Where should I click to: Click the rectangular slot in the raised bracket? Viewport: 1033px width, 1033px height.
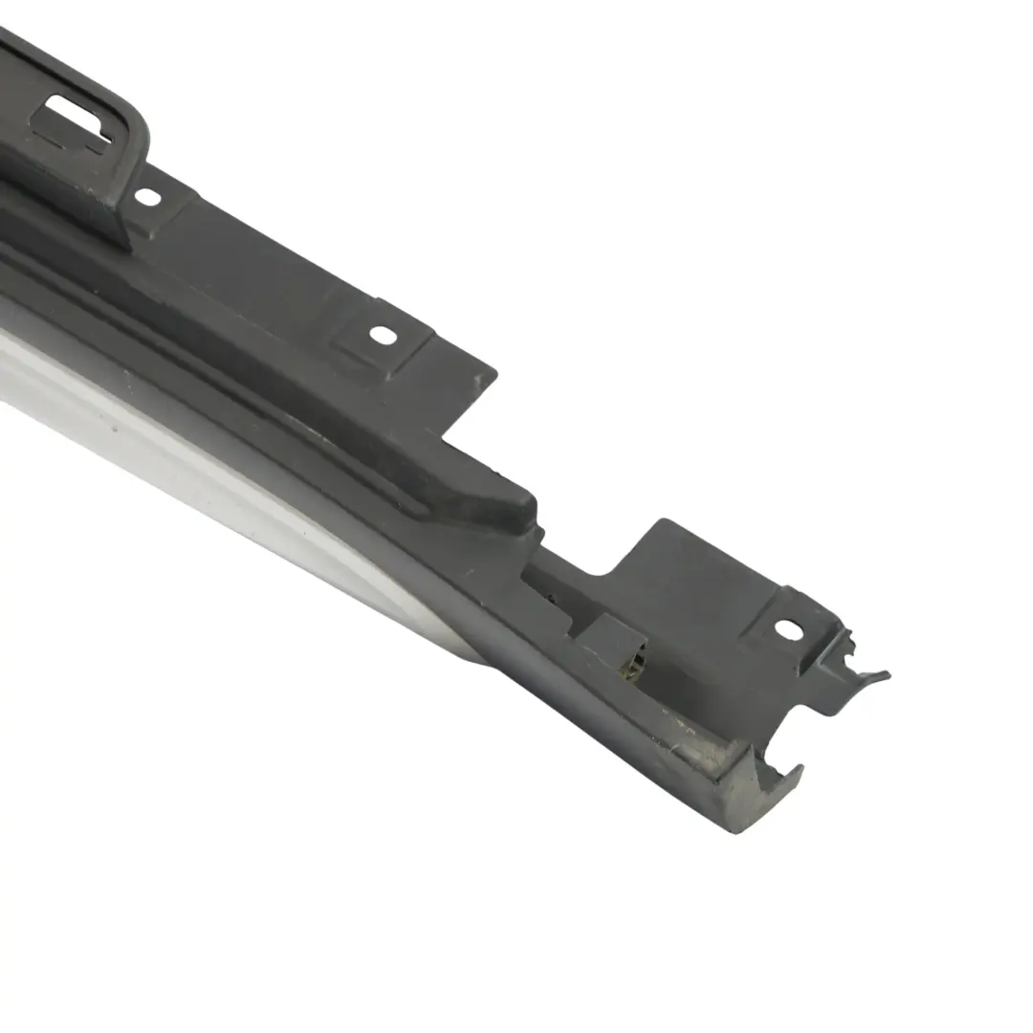pos(77,120)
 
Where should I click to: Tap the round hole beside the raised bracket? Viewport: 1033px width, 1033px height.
pos(147,196)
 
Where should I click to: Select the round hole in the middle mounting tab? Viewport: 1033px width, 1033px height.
pos(382,336)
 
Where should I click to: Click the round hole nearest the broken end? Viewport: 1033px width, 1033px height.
pos(787,629)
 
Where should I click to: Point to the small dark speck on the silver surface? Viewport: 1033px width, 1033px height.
pos(115,428)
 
